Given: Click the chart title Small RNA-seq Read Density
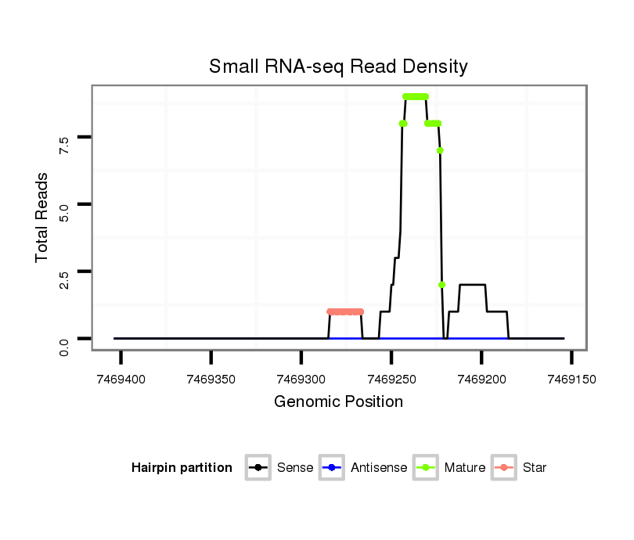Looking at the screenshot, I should point(338,67).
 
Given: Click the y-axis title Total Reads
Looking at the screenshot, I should point(42,217).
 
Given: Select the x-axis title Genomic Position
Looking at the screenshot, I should point(338,402).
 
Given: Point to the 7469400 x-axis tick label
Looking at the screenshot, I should point(121,379).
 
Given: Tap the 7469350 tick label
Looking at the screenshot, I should point(211,379).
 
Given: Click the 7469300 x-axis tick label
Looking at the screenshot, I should point(301,379).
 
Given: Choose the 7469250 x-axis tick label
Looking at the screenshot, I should point(391,379).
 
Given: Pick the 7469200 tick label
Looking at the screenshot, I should point(481,379).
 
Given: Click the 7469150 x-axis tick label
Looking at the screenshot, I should point(571,379).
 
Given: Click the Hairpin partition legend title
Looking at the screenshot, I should point(182,468).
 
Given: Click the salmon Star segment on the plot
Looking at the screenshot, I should point(345,311).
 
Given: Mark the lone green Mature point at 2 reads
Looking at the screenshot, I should point(442,285).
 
